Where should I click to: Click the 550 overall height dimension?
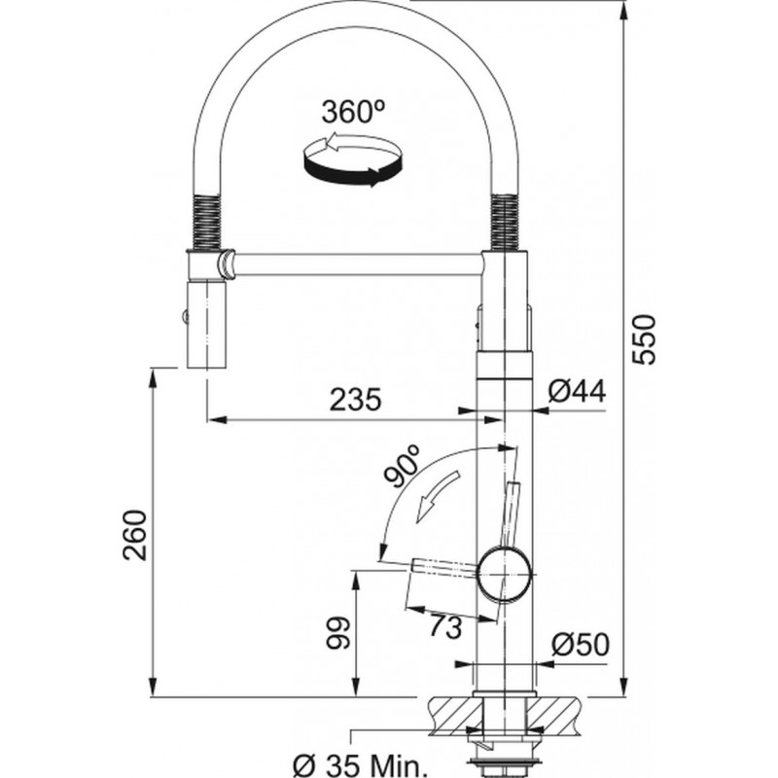pos(645,339)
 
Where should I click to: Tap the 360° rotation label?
pos(353,112)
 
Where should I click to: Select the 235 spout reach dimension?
pos(355,400)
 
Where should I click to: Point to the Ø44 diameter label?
pos(577,391)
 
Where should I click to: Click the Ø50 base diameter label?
pos(580,645)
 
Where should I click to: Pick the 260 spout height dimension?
pos(135,535)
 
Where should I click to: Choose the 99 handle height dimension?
pos(337,633)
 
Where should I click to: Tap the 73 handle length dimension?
pos(446,627)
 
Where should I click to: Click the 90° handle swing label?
pos(403,467)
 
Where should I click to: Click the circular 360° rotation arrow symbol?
pos(352,159)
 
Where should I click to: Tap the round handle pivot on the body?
pos(504,574)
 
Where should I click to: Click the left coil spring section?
pos(207,222)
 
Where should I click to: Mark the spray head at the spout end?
pos(206,324)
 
